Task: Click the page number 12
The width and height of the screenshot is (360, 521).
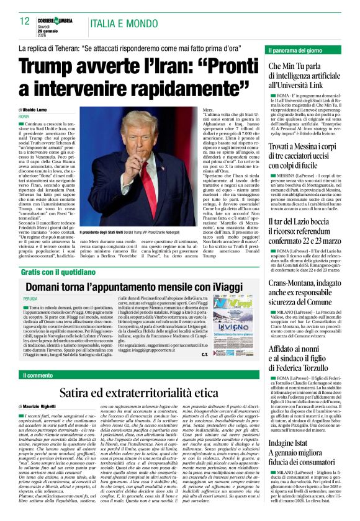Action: click(x=25, y=21)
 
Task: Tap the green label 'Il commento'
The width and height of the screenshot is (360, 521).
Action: click(x=38, y=375)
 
